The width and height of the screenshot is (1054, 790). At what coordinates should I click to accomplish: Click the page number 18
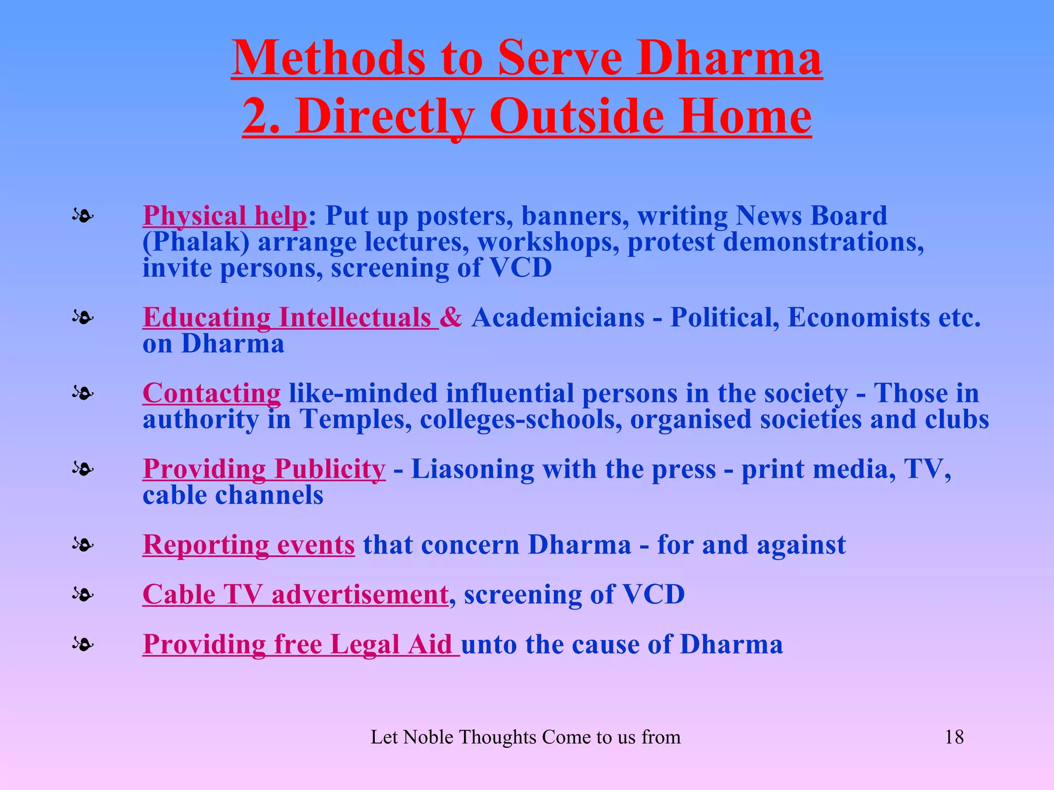[954, 737]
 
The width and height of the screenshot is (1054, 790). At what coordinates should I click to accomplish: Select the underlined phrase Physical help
[225, 216]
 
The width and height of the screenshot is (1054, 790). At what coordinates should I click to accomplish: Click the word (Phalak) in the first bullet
[196, 242]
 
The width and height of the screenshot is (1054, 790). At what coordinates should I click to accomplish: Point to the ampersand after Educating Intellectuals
[451, 317]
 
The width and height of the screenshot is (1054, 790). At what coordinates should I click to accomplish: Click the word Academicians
[558, 317]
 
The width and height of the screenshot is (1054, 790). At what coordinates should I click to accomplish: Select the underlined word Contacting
[212, 393]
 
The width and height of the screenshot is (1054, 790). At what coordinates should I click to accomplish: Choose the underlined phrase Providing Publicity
[264, 469]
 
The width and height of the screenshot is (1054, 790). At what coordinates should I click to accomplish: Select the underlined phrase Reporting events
[249, 544]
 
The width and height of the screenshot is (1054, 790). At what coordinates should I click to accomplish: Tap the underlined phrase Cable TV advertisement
[295, 594]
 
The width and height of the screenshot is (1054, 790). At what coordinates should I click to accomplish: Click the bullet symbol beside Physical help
[83, 216]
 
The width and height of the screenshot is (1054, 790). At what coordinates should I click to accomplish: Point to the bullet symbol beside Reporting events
[83, 544]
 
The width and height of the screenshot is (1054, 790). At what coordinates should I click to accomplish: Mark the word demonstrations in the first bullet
[823, 242]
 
